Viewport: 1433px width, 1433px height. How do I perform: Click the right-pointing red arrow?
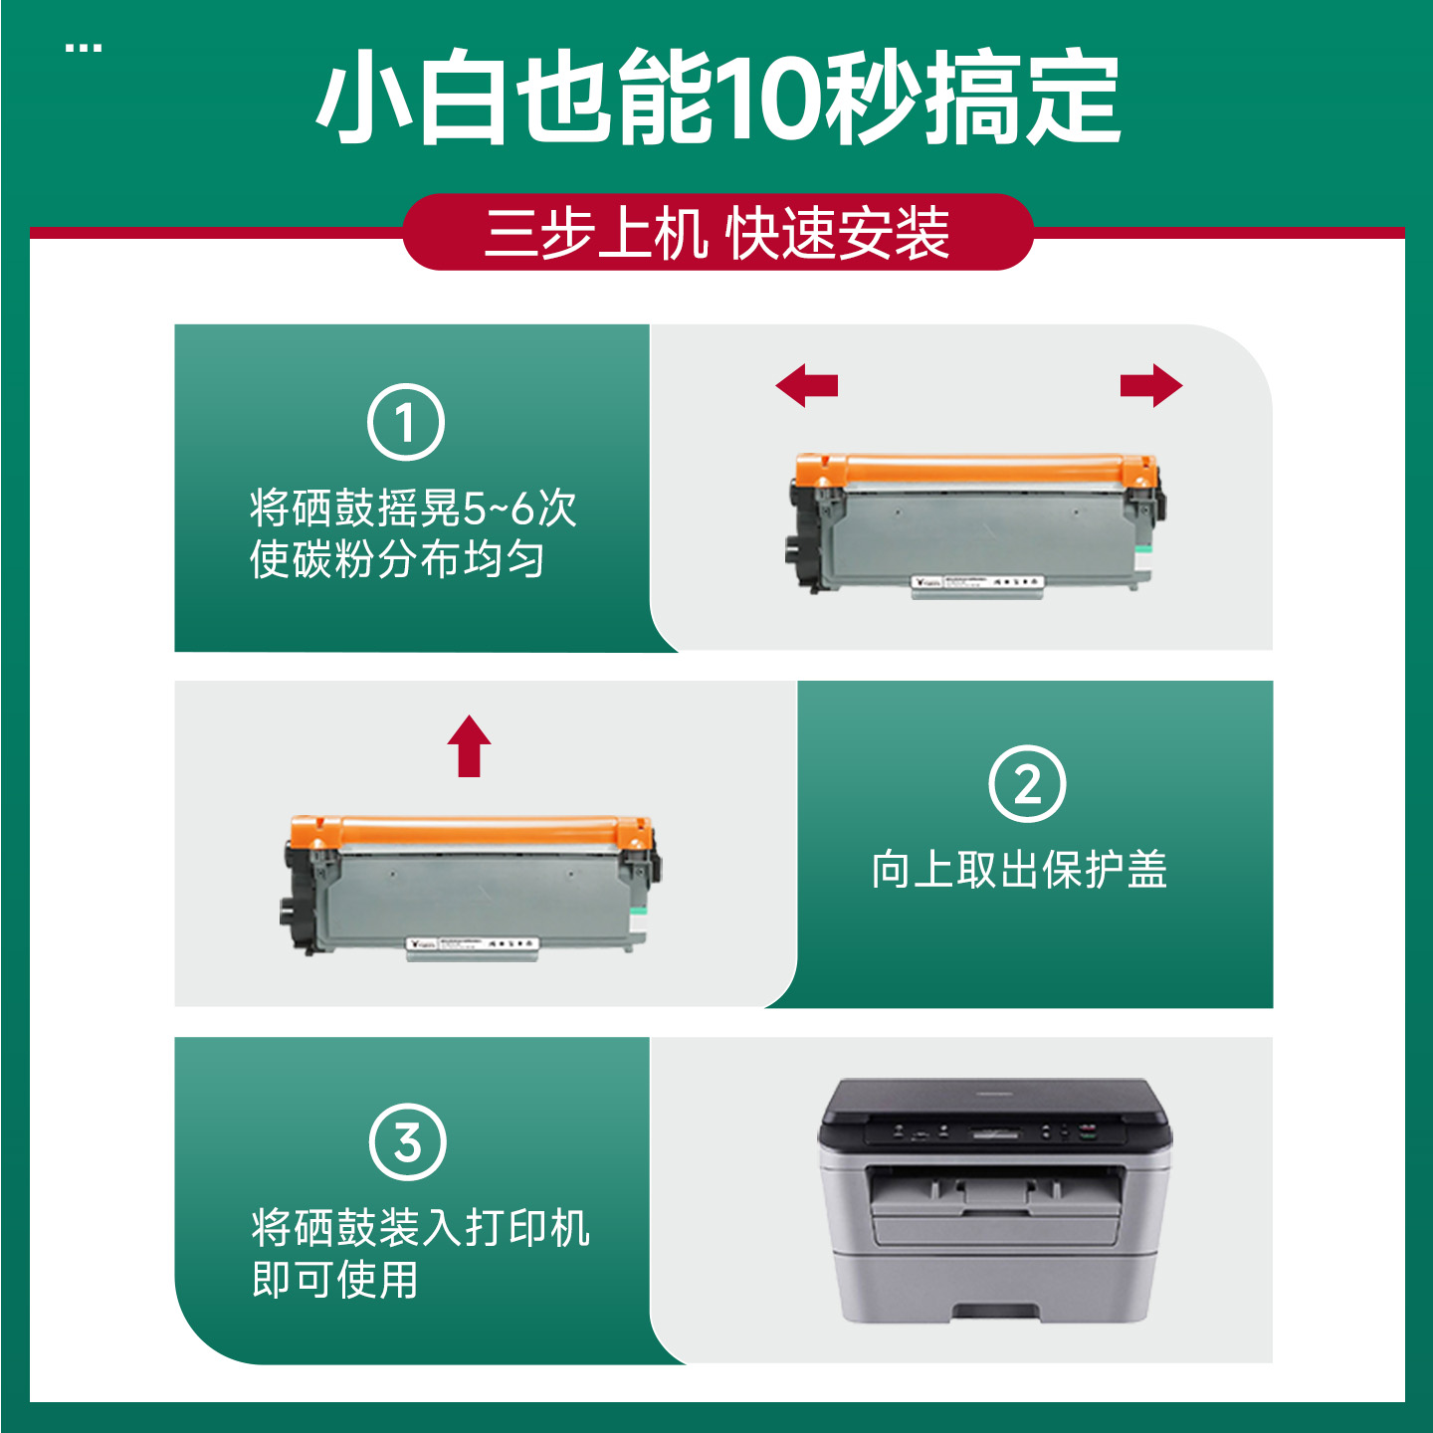[x=1151, y=385]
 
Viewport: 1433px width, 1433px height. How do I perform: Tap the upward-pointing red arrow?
[x=469, y=745]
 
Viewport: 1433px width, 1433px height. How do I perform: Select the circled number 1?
[x=406, y=422]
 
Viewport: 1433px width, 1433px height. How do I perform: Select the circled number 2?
[x=1027, y=783]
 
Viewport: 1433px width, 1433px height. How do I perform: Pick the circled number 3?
[x=407, y=1142]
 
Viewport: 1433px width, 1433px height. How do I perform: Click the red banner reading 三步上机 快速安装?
[x=717, y=233]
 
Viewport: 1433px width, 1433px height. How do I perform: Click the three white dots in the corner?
[x=84, y=48]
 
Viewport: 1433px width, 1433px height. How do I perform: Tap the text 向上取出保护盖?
[x=1019, y=869]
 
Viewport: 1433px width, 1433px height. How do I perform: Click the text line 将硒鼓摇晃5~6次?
[x=413, y=509]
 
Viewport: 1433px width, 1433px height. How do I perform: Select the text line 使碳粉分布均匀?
[x=396, y=559]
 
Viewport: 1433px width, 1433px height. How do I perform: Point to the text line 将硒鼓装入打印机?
[x=420, y=1228]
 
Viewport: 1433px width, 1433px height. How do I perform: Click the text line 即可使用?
[x=335, y=1280]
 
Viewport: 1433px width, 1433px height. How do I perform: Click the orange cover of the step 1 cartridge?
[x=975, y=468]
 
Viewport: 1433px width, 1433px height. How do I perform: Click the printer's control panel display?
[x=995, y=1132]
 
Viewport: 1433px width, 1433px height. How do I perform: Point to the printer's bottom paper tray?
[x=995, y=1284]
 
